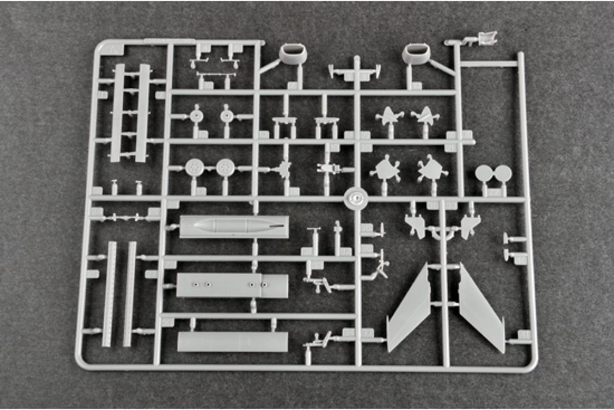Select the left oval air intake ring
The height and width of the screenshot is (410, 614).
(292, 53)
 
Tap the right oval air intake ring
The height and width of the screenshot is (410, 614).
(416, 53)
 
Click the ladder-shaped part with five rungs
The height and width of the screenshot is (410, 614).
(130, 113)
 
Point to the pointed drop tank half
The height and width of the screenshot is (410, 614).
(234, 226)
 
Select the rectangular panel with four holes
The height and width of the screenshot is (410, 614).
(232, 285)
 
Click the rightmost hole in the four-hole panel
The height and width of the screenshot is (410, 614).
(264, 285)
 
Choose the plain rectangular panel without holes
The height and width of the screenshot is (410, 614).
(232, 342)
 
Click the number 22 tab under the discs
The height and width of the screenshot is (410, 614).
(494, 193)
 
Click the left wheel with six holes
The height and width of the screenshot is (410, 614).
(194, 167)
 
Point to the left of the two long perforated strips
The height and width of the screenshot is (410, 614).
(109, 294)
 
